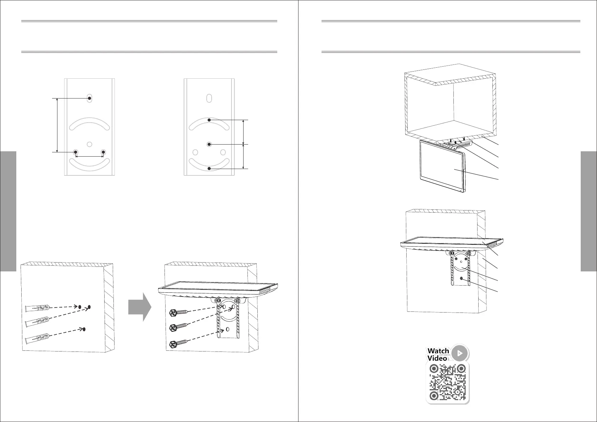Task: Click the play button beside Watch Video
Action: (x=460, y=353)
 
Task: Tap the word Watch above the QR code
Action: (x=438, y=351)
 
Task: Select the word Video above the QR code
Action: (x=437, y=358)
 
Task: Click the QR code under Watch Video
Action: (x=447, y=383)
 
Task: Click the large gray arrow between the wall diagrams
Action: (x=140, y=307)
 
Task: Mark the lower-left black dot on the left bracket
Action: (x=76, y=152)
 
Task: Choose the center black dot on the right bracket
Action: (x=209, y=144)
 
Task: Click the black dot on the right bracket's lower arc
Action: (x=209, y=169)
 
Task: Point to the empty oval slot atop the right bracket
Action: (x=209, y=98)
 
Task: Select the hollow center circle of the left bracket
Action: (x=89, y=144)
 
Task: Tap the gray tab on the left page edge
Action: (x=8, y=211)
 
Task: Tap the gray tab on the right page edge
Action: (x=589, y=211)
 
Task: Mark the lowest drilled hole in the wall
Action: (x=84, y=330)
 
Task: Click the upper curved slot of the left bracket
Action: (x=89, y=123)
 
